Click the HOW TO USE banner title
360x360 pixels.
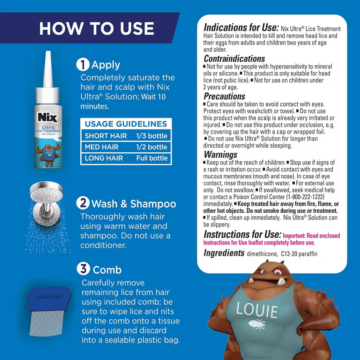[x=96, y=29]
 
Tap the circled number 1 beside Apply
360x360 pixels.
[x=83, y=65]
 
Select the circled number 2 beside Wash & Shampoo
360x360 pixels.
[x=83, y=203]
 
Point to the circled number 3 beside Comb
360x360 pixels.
[x=83, y=269]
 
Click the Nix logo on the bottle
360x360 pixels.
[x=47, y=118]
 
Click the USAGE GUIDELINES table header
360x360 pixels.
[x=126, y=124]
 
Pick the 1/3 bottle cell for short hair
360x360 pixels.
[x=152, y=136]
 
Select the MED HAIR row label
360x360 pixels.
[x=101, y=147]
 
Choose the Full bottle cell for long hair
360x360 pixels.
[x=152, y=158]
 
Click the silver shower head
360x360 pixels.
[x=46, y=193]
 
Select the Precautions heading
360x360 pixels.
[x=224, y=96]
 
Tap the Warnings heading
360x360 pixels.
[x=220, y=154]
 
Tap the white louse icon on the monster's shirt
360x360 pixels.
[x=256, y=324]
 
